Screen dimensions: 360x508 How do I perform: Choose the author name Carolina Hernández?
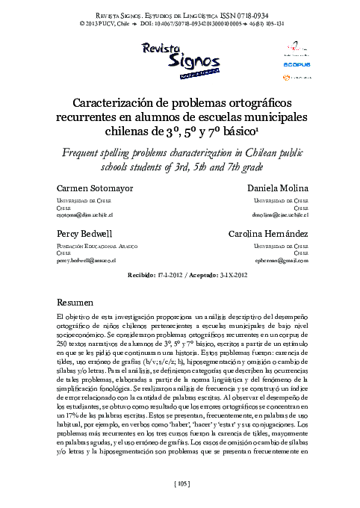(268, 234)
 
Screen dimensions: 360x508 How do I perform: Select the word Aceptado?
(203, 275)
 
